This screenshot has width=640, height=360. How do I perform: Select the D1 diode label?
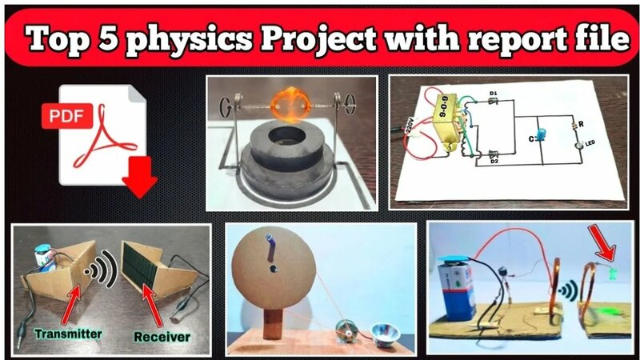tap(493, 94)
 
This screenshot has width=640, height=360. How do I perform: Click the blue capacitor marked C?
tap(542, 134)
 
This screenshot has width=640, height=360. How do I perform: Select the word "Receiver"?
tap(159, 336)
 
